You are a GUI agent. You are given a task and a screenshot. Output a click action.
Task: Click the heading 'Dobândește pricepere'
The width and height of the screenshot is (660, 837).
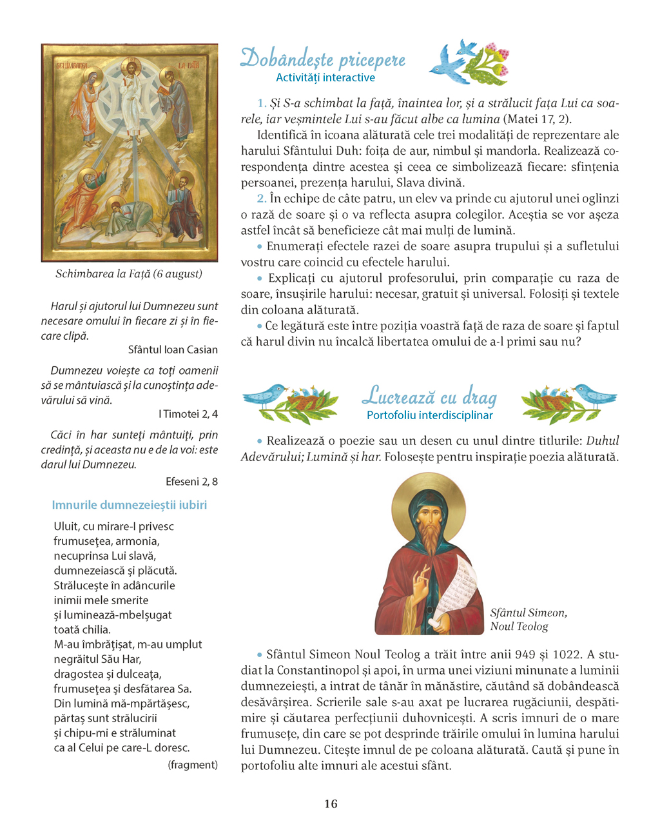(323, 59)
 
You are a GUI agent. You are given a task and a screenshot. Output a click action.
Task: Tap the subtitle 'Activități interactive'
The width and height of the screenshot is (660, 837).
(325, 78)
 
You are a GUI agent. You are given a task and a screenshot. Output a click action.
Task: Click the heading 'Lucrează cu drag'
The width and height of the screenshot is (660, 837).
(429, 396)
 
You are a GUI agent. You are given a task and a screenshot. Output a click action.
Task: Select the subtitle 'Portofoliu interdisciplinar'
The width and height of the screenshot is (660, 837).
(429, 415)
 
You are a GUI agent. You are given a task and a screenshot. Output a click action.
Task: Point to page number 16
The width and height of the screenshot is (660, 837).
(331, 803)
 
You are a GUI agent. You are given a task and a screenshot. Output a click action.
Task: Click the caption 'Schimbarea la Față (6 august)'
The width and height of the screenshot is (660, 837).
(129, 274)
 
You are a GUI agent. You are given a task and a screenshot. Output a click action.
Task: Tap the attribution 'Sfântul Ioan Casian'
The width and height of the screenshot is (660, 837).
(173, 350)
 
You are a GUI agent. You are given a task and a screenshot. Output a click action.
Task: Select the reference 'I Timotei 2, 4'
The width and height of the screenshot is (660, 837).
(188, 414)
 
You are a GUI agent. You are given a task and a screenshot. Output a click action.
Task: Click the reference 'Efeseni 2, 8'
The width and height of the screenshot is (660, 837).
(191, 481)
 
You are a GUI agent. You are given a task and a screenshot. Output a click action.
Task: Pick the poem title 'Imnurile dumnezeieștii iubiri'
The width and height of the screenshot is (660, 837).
(130, 505)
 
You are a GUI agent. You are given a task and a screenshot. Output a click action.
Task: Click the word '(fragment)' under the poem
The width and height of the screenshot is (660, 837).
(193, 765)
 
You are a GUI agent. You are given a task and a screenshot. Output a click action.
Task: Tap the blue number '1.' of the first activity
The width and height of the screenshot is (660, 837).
(262, 103)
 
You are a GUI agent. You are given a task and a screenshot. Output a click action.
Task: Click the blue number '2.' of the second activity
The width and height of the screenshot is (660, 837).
(262, 199)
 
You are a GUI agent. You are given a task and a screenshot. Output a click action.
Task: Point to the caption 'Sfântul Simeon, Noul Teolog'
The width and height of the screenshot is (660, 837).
(529, 620)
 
